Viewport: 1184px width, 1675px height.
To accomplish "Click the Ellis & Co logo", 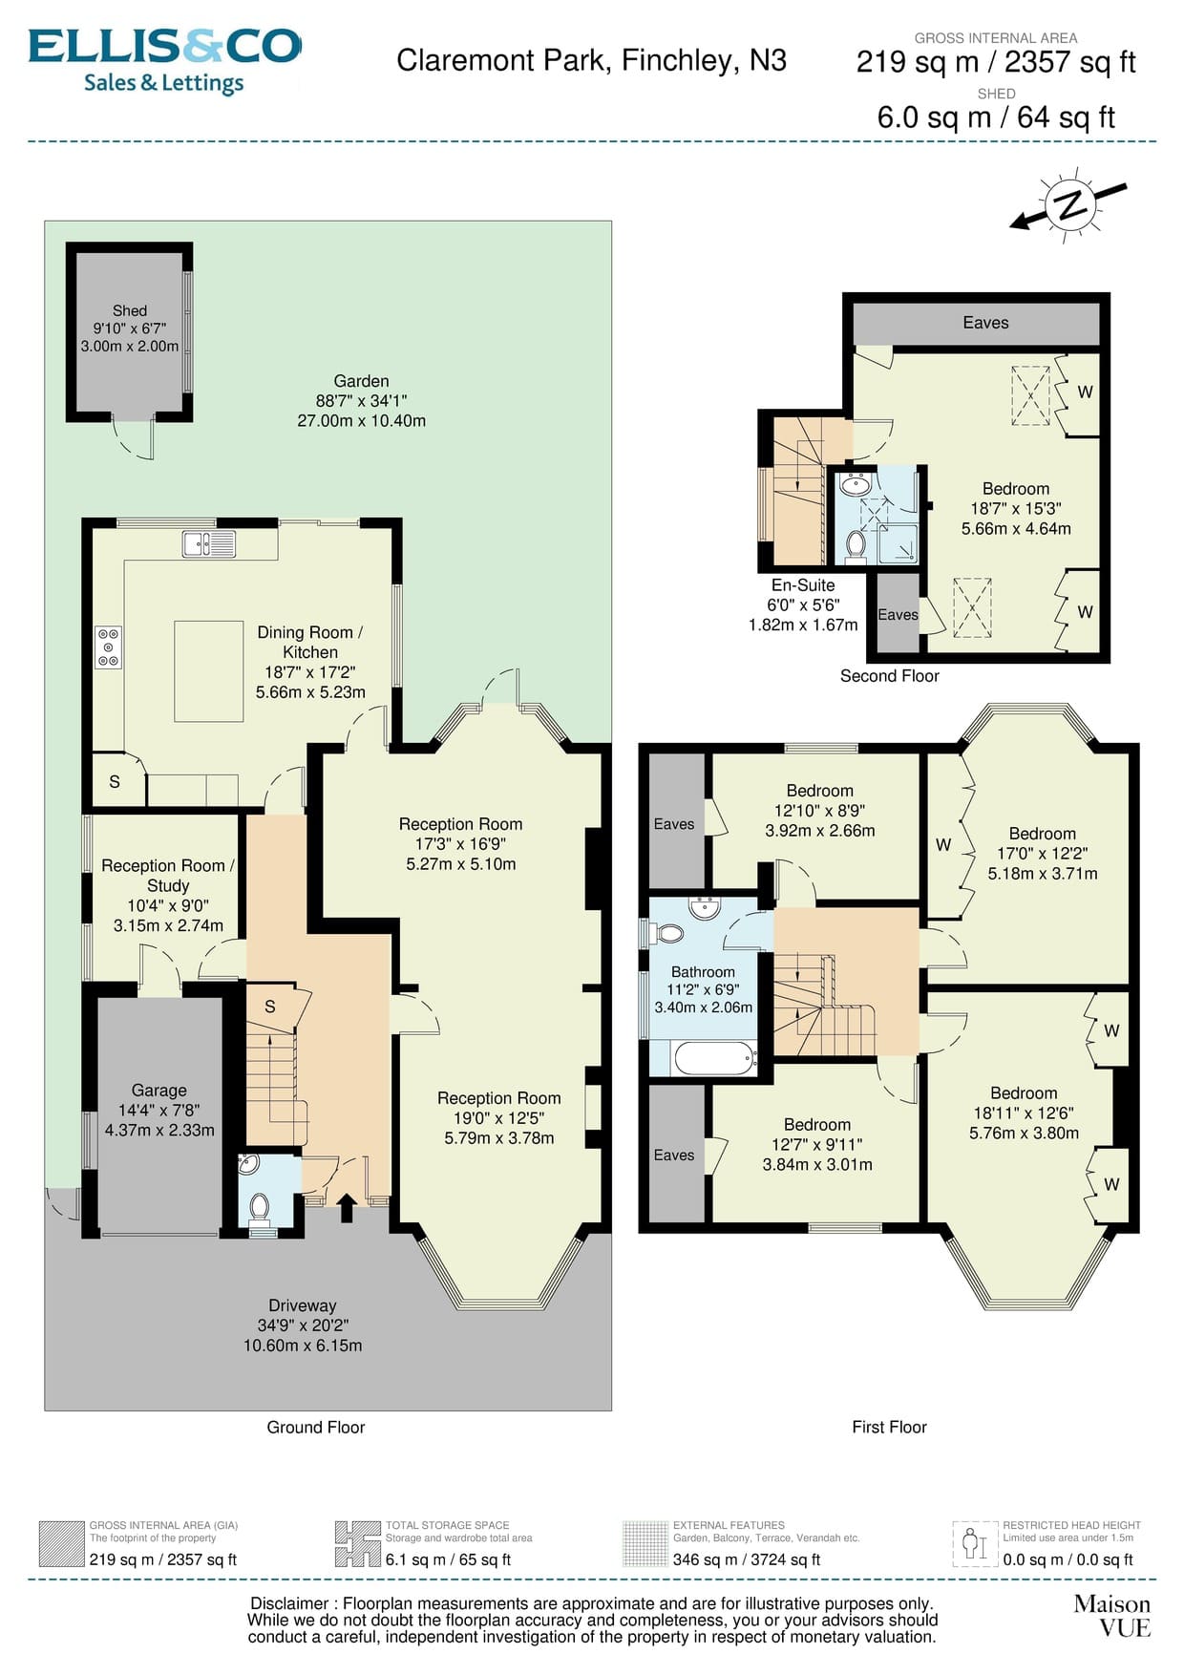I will [164, 59].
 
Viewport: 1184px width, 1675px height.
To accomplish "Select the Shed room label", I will [130, 310].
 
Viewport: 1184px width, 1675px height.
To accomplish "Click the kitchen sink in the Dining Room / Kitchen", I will [209, 543].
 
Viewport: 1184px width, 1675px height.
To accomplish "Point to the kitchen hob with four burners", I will [108, 647].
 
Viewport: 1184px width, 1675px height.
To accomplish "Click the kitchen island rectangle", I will [208, 670].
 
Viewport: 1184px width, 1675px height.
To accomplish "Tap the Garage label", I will [159, 1090].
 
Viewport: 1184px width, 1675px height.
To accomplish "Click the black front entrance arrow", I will [346, 1207].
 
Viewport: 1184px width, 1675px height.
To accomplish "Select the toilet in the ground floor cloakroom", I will [259, 1207].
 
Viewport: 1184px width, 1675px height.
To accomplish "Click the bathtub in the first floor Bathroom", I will [713, 1057].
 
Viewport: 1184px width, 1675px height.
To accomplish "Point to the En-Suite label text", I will [803, 584].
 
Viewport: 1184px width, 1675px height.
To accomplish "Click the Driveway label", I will [302, 1305].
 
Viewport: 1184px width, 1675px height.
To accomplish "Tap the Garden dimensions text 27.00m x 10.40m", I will [361, 420].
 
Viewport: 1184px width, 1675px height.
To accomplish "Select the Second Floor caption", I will [889, 675].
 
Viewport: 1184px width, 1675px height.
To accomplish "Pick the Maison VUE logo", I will [1112, 1616].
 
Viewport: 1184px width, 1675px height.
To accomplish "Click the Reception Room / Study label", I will [168, 875].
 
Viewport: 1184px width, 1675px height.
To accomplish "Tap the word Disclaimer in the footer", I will [289, 1603].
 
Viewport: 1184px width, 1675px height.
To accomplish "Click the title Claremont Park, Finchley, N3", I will [591, 60].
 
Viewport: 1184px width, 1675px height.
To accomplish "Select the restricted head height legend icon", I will [974, 1543].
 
